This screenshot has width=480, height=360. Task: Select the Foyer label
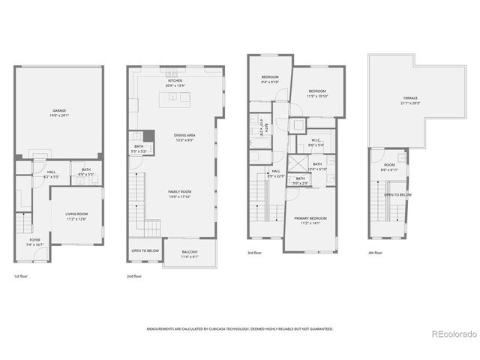pyautogui.click(x=35, y=241)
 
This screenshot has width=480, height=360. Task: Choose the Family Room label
pyautogui.click(x=180, y=193)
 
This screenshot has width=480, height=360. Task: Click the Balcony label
pyautogui.click(x=189, y=253)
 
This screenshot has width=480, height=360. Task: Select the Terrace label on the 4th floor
pyautogui.click(x=409, y=99)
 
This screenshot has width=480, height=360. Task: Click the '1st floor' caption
pyautogui.click(x=20, y=276)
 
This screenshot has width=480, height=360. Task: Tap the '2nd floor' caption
pyautogui.click(x=134, y=276)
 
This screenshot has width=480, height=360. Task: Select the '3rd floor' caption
pyautogui.click(x=255, y=253)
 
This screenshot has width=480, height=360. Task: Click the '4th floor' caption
pyautogui.click(x=375, y=253)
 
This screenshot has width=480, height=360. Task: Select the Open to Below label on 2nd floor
pyautogui.click(x=143, y=250)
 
